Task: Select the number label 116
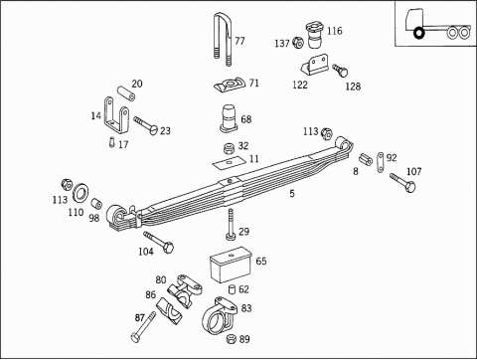[x=335, y=31]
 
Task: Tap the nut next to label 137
[x=298, y=43]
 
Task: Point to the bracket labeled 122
[x=315, y=65]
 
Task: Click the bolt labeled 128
[x=340, y=70]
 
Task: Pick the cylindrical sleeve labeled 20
[x=126, y=93]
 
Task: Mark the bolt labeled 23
[x=146, y=124]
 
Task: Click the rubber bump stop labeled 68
[x=229, y=118]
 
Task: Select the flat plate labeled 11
[x=229, y=162]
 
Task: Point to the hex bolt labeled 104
[x=159, y=243]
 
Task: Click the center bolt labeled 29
[x=231, y=225]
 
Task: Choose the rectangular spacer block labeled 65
[x=231, y=265]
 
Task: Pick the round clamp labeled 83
[x=220, y=315]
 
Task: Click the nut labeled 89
[x=232, y=339]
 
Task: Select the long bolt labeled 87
[x=143, y=327]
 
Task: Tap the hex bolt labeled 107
[x=402, y=182]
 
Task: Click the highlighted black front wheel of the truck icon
[x=419, y=33]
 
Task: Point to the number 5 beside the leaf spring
[x=292, y=193]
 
